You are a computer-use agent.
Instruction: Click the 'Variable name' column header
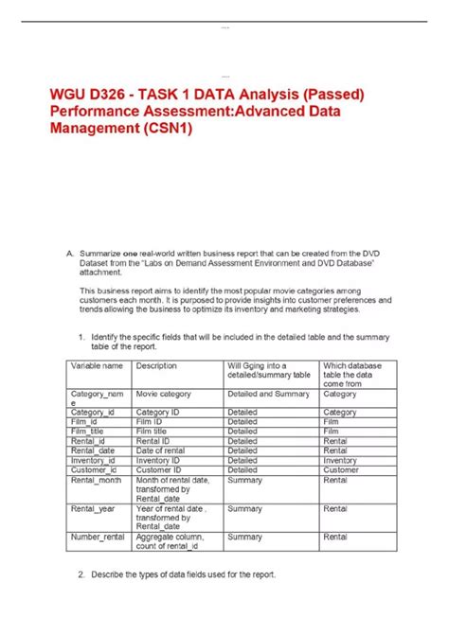pos(96,364)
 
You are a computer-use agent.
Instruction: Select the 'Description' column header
pos(156,364)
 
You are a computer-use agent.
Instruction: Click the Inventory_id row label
pos(93,460)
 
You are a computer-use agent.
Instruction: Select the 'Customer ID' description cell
pos(158,469)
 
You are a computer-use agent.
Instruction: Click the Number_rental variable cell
pos(99,537)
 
